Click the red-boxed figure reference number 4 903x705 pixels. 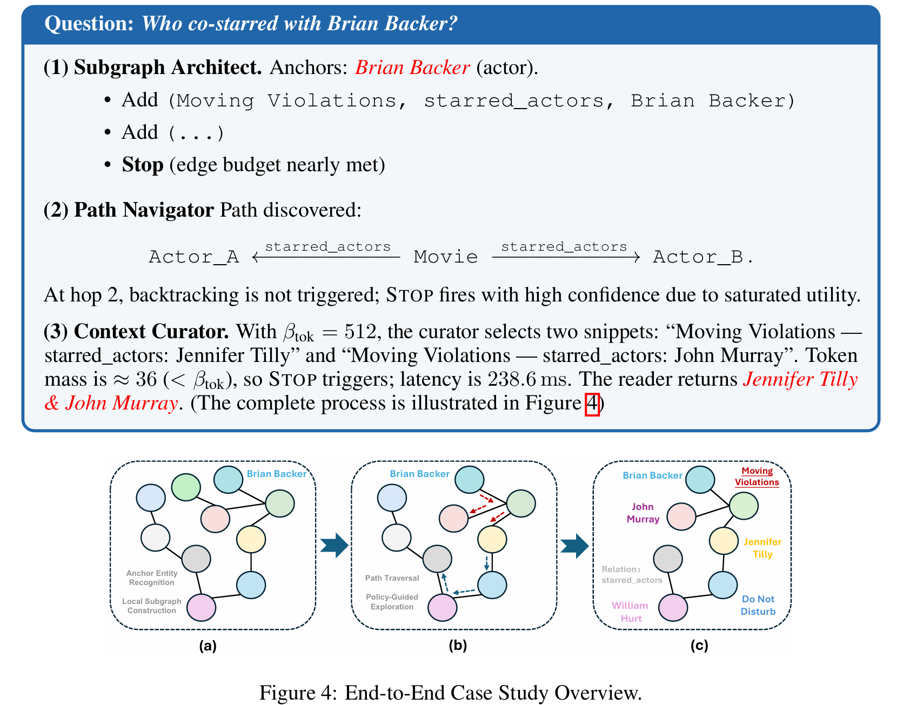[x=592, y=404]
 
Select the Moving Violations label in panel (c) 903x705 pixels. [x=757, y=476]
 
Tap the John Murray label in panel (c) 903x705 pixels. [x=643, y=513]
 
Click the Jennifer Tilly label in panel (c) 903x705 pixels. [x=762, y=548]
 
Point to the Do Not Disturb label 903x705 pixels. [x=758, y=605]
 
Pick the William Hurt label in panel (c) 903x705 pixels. [x=630, y=612]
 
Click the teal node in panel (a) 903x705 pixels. [x=228, y=479]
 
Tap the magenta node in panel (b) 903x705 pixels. [x=442, y=607]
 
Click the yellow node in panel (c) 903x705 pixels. [x=724, y=540]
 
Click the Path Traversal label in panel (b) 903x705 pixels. [x=392, y=578]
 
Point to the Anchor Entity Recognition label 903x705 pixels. [x=152, y=578]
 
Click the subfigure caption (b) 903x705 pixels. [x=458, y=646]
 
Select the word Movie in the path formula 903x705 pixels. [x=446, y=257]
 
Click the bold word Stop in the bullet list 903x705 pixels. [x=143, y=165]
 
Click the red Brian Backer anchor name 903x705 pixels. [x=412, y=68]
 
